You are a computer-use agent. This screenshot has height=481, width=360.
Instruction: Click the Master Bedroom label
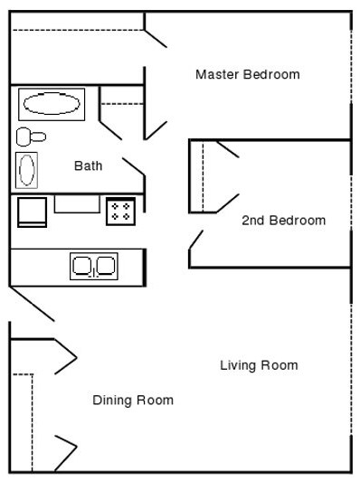247,74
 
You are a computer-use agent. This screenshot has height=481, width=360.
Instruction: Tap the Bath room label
88,166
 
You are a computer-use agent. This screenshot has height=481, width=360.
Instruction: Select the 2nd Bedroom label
283,221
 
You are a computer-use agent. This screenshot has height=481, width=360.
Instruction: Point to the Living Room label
259,365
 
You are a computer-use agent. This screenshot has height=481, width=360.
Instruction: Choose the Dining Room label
133,400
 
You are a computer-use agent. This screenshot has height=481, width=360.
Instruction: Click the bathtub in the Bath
51,104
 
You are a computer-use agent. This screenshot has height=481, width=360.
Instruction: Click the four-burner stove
120,212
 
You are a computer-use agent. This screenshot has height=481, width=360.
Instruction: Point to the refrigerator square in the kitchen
32,212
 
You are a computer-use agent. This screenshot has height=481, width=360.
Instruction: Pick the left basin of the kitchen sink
82,266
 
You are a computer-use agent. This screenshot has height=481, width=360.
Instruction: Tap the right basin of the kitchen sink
105,266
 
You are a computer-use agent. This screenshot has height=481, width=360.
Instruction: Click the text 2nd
252,221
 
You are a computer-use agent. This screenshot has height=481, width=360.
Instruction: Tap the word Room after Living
279,365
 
